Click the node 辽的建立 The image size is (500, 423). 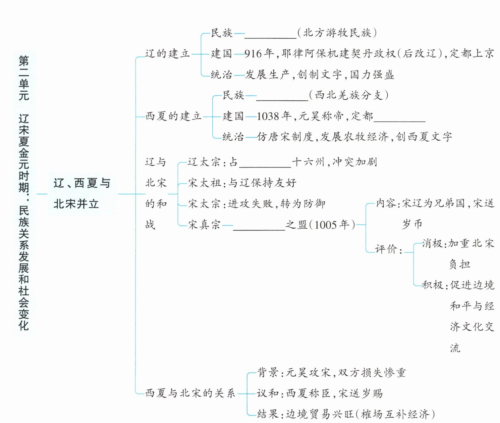(167, 54)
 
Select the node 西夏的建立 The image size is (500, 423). (173, 116)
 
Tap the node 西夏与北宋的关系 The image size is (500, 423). (190, 393)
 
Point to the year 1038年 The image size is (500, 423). (274, 116)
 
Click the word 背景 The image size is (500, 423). (268, 373)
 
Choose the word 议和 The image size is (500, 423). (268, 393)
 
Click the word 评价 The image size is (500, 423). (386, 249)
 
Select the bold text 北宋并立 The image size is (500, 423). (76, 204)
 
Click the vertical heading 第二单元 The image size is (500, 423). (24, 78)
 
